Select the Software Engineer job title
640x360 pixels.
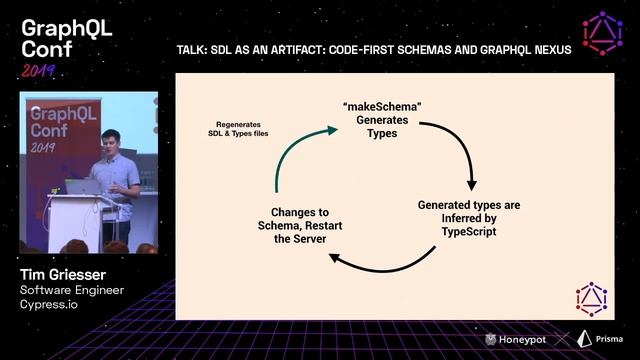pyautogui.click(x=72, y=290)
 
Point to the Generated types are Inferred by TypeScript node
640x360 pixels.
pyautogui.click(x=469, y=217)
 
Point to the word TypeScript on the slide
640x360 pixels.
pyautogui.click(x=469, y=231)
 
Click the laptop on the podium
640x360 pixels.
pyautogui.click(x=84, y=186)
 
